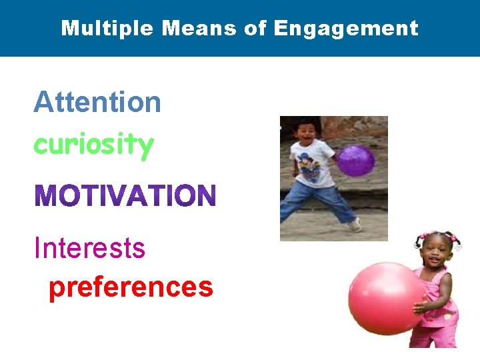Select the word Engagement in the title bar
(346, 28)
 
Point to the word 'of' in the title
(254, 28)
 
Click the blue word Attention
(97, 103)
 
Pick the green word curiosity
(93, 144)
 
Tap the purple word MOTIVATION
(125, 196)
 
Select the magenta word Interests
(89, 248)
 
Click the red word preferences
(131, 287)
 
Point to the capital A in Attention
(43, 103)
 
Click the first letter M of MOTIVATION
(47, 196)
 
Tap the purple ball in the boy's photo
(355, 161)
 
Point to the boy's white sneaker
(355, 225)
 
